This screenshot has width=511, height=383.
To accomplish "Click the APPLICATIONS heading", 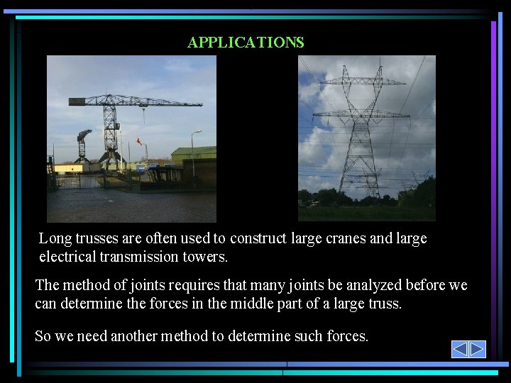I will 246,43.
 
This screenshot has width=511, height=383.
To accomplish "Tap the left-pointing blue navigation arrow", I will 460,349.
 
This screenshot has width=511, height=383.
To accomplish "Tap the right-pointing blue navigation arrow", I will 478,349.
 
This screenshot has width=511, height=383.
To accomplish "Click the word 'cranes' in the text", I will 345,238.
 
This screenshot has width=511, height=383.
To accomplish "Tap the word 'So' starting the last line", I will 43,336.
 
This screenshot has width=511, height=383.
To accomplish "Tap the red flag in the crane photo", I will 139,141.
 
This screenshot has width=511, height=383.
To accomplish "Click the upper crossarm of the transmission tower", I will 362,82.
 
